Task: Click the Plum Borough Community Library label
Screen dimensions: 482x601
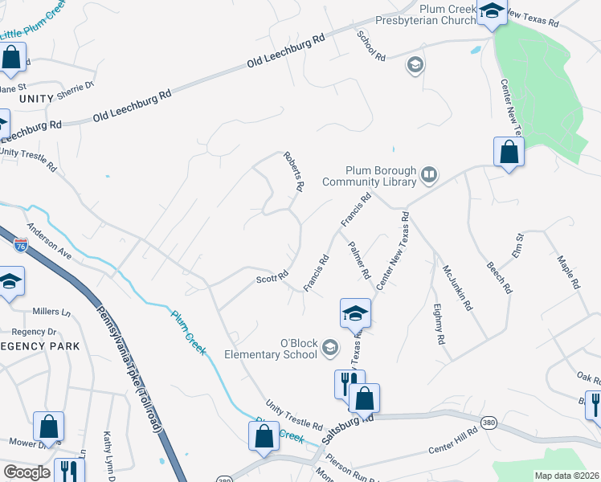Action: tap(380, 176)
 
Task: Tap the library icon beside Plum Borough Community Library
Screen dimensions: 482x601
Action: tap(430, 174)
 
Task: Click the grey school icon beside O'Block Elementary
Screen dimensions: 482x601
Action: tap(329, 348)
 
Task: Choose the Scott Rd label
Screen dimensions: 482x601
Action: tap(272, 278)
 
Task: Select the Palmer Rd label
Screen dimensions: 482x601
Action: tap(358, 260)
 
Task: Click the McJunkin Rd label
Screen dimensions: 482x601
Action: tap(448, 282)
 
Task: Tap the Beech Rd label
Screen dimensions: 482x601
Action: tap(499, 276)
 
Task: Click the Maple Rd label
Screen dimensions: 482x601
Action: tap(568, 272)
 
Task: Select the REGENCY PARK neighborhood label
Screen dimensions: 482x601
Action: tap(40, 346)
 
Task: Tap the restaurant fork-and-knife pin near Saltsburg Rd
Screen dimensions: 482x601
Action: tap(349, 382)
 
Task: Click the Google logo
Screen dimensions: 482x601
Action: tap(27, 472)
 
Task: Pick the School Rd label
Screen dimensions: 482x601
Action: tap(371, 47)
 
